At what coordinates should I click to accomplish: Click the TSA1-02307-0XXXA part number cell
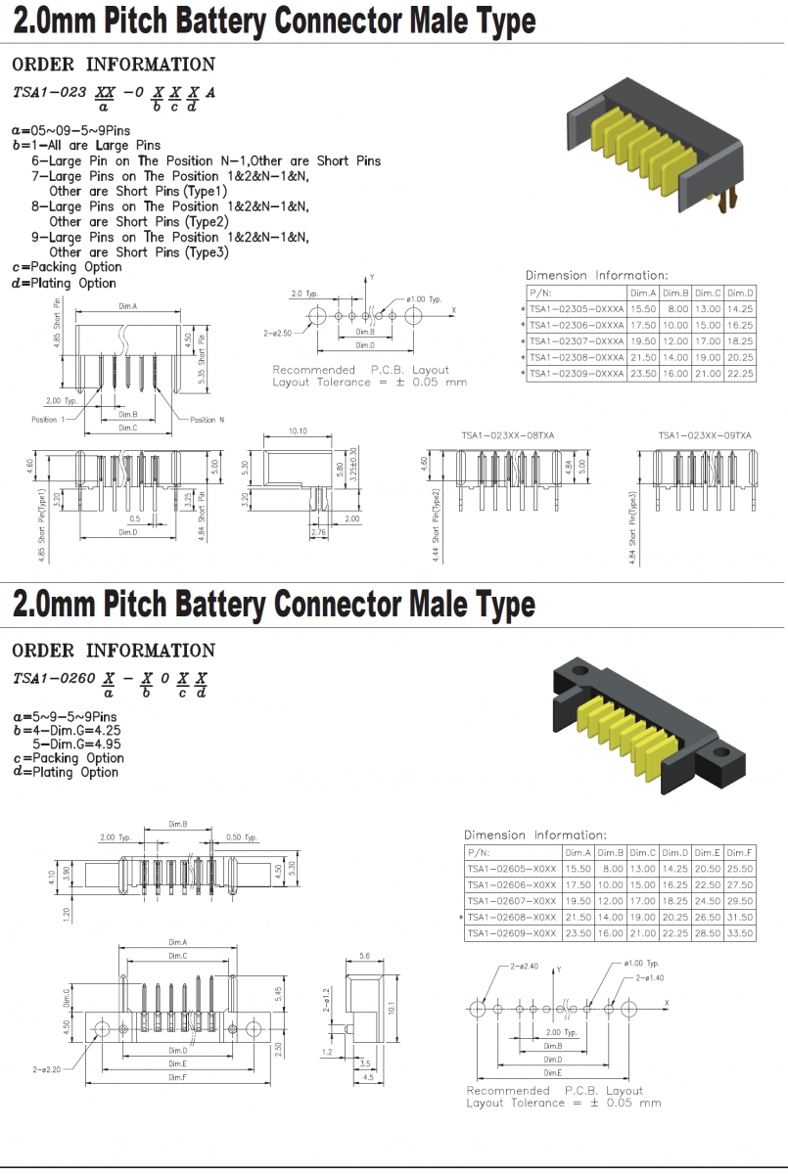coord(576,341)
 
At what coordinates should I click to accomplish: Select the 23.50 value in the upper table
coord(642,374)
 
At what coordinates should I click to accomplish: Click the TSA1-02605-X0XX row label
coord(512,869)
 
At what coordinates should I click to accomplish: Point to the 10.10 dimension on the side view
coord(298,430)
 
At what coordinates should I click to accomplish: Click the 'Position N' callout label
coord(208,420)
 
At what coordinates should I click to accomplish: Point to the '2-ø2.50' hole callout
coord(279,333)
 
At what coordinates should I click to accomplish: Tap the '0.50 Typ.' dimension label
coord(241,837)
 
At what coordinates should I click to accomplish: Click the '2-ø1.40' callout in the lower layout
coord(650,977)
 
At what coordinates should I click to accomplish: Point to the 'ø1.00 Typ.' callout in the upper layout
coord(422,298)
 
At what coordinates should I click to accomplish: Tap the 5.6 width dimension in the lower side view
coord(365,956)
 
